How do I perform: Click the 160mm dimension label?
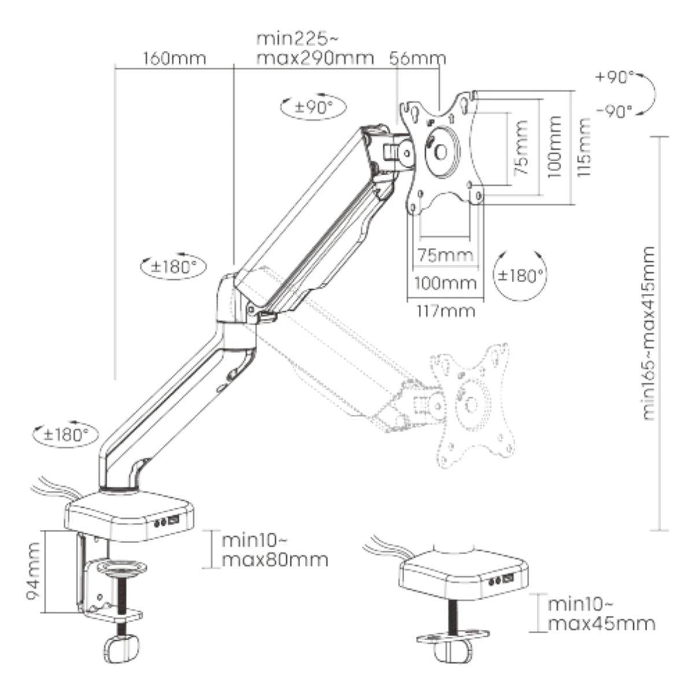(172, 59)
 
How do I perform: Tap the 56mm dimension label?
(418, 58)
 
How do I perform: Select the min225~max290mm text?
(315, 50)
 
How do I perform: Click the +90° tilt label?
(617, 77)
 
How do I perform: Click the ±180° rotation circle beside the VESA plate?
(520, 275)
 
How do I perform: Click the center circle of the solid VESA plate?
(440, 151)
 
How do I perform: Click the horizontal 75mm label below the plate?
(444, 255)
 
